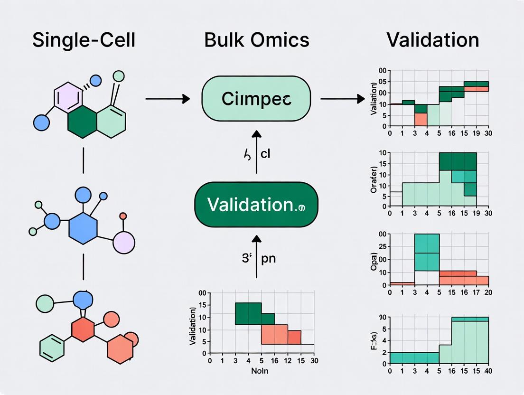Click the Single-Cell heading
click(x=84, y=40)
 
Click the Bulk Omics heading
click(x=256, y=40)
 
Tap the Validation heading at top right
click(x=432, y=40)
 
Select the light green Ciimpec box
click(x=256, y=99)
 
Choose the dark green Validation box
click(x=256, y=205)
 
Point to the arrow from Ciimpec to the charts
click(x=339, y=99)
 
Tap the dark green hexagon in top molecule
click(x=82, y=122)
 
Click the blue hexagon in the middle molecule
click(x=83, y=225)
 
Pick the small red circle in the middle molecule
click(x=123, y=216)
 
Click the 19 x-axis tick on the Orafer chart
click(x=476, y=213)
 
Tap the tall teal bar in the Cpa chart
click(x=427, y=253)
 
